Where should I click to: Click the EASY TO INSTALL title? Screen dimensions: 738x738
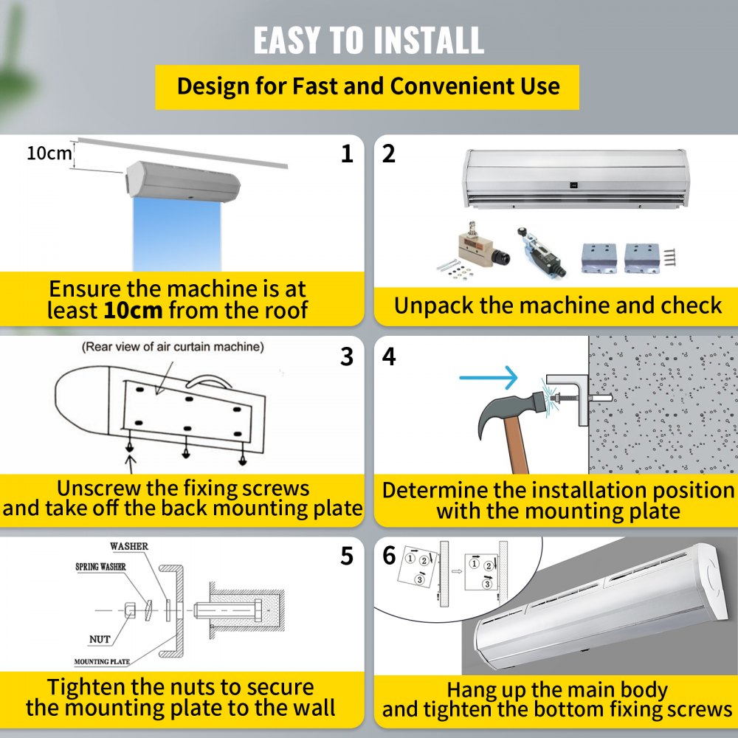point(368,40)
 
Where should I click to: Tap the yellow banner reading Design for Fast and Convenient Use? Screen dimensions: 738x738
point(368,86)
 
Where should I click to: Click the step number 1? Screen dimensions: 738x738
point(347,154)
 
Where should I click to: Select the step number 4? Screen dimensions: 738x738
point(389,356)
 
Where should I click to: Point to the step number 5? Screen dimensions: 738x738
point(347,556)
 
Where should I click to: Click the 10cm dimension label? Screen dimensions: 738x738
point(50,154)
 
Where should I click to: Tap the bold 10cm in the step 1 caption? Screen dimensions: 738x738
point(133,310)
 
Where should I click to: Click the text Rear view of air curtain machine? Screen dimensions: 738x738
point(173,346)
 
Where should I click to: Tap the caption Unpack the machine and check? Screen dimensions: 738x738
point(557,306)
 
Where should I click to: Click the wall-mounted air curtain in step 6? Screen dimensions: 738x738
point(598,613)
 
